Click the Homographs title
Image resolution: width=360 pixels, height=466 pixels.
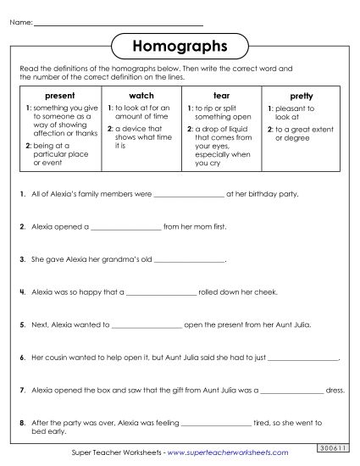[180, 44]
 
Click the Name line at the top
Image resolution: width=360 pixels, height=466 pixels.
[118, 19]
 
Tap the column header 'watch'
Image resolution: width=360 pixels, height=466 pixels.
[140, 97]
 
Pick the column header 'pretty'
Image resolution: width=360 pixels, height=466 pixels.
[301, 97]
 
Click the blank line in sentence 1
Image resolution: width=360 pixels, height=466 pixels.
[191, 195]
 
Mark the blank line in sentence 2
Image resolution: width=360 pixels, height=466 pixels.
[125, 228]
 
